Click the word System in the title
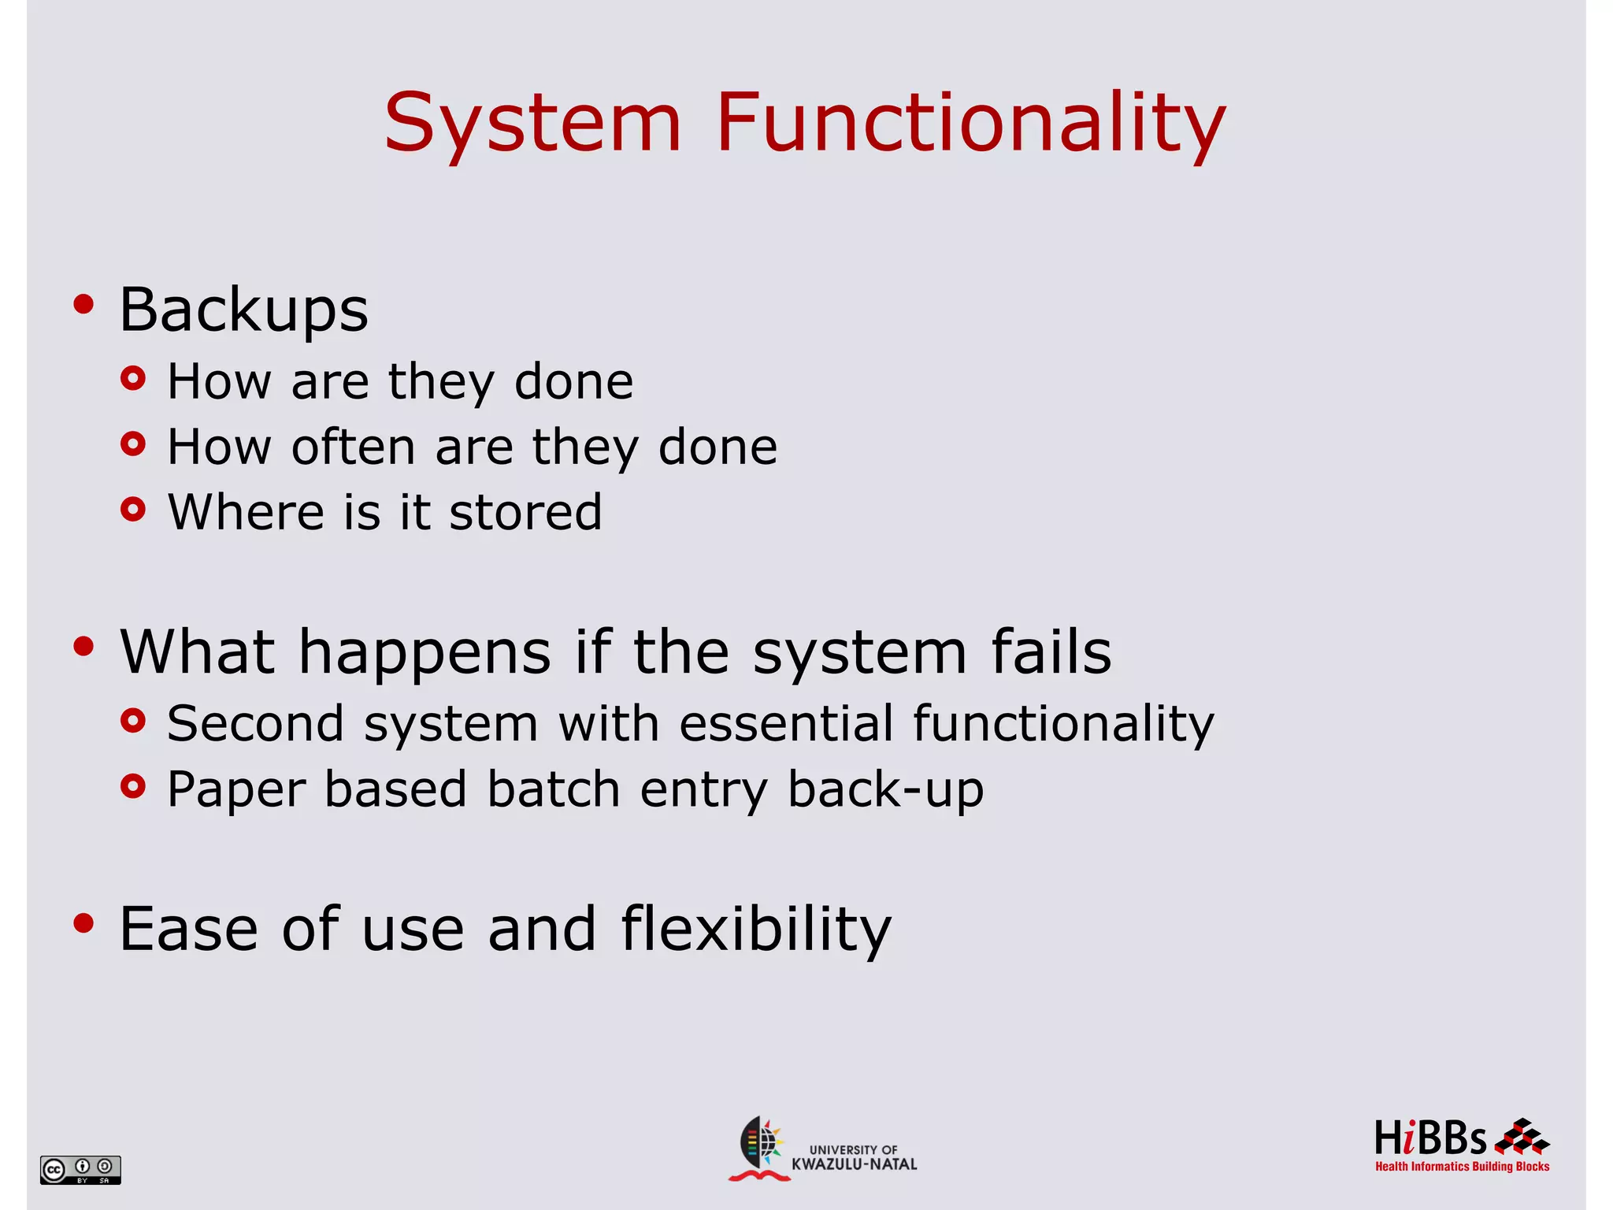point(532,124)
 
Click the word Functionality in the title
point(970,124)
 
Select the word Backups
point(243,310)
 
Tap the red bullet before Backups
point(83,304)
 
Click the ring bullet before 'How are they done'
point(133,379)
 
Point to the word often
point(353,447)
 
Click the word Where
point(247,512)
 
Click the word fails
point(1051,652)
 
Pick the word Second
point(255,723)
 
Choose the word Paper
point(235,790)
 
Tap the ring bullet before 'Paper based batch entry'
point(133,786)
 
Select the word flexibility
point(755,930)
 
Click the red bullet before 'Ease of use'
point(83,922)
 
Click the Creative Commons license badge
point(80,1169)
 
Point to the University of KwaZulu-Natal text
point(854,1157)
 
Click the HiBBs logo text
point(1429,1138)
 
